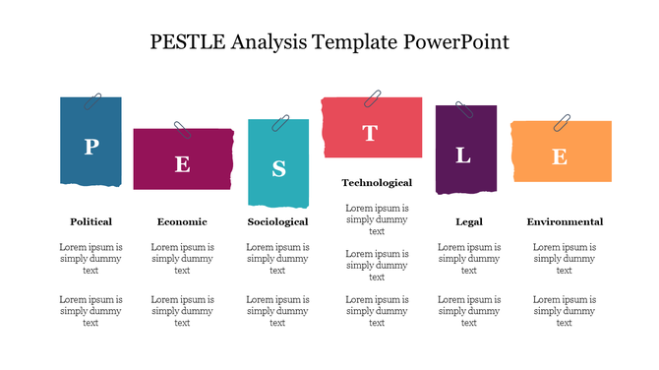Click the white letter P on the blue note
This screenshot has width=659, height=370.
pos(90,147)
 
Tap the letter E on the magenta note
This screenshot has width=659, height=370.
pos(182,164)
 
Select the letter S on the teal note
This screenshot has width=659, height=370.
pos(278,169)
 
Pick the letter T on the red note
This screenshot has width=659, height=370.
pos(370,134)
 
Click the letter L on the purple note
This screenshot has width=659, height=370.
pos(463,155)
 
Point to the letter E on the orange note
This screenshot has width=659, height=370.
pos(559,156)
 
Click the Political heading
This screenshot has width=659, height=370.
pos(90,221)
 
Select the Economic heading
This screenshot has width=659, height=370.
pos(182,221)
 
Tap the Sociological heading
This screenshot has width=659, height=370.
pos(277,221)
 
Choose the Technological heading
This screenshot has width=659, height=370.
pos(377,183)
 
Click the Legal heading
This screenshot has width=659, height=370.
pos(469,221)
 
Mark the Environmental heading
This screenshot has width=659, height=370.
pos(565,221)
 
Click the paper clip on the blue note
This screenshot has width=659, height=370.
pos(94,100)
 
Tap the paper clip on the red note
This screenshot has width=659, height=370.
pos(374,98)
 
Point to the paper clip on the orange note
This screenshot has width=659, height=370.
pos(563,123)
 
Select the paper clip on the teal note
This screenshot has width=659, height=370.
pos(281,122)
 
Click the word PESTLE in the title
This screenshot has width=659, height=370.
pos(190,42)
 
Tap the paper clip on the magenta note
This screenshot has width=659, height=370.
pos(183,130)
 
